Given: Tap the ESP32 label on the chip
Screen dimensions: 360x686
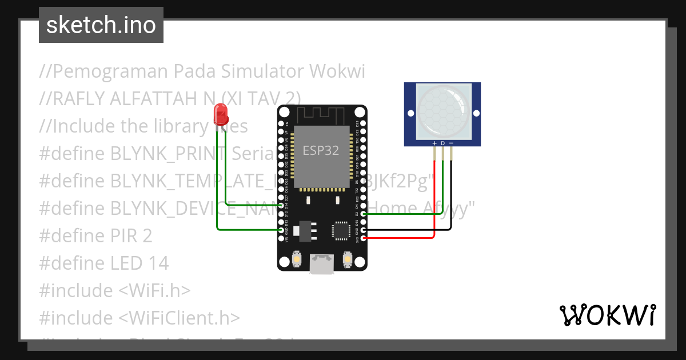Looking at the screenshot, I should [320, 151].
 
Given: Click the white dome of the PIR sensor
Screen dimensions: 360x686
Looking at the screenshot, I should [443, 110].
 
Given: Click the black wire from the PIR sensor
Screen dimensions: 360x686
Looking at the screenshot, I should [452, 194].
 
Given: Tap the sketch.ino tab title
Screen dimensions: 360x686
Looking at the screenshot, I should [101, 25].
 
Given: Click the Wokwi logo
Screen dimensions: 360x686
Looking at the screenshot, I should [607, 315].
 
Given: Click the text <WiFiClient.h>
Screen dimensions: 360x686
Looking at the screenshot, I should [179, 318].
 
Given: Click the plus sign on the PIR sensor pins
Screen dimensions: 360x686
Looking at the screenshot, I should [434, 143].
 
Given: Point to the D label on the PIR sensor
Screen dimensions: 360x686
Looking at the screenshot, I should [442, 143].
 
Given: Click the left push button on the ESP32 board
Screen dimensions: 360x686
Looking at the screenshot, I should [297, 260].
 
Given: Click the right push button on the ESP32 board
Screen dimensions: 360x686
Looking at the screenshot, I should [347, 260].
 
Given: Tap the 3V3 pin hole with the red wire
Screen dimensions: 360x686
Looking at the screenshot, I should [364, 238].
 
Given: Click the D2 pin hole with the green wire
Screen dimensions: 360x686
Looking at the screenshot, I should [364, 214].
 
